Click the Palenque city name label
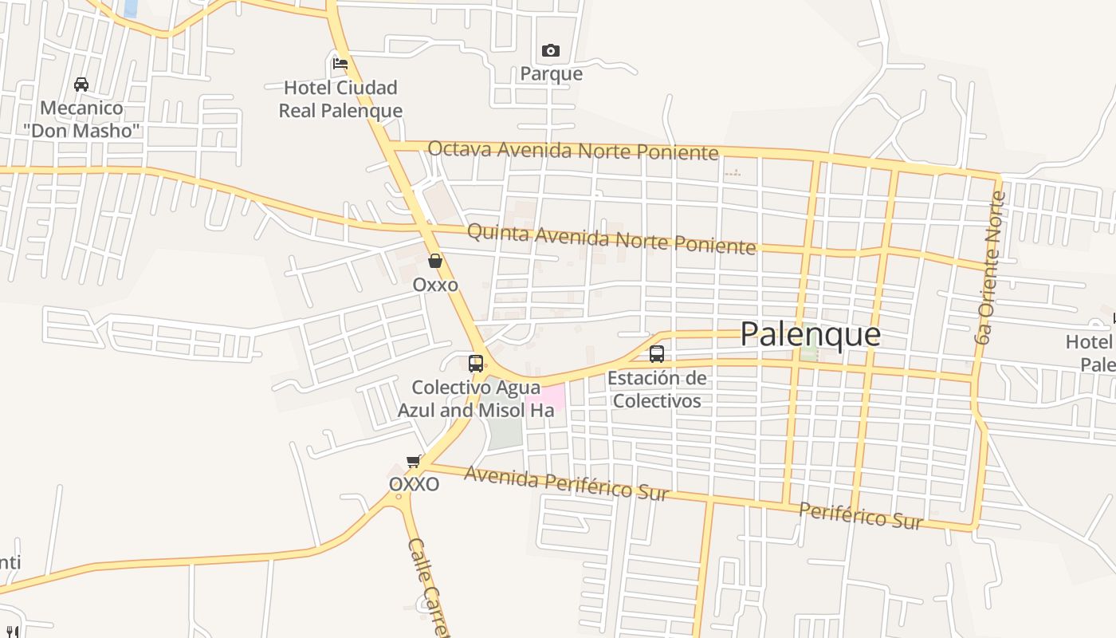tap(810, 334)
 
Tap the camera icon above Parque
tap(550, 51)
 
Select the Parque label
tap(551, 74)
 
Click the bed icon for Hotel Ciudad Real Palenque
tap(340, 63)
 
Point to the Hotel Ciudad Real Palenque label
tap(340, 99)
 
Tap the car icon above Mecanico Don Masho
tap(81, 84)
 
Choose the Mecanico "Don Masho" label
tap(81, 119)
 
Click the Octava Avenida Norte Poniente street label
tap(572, 150)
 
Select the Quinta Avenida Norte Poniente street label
tap(611, 238)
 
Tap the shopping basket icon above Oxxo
tap(434, 261)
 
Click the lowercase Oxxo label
tap(435, 285)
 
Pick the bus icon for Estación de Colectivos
tap(656, 353)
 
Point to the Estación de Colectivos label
tap(657, 389)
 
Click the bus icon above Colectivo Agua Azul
tap(476, 364)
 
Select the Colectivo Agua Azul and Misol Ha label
tap(476, 399)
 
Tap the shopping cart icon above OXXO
tap(413, 461)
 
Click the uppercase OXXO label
tap(414, 484)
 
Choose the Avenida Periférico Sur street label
tap(566, 482)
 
